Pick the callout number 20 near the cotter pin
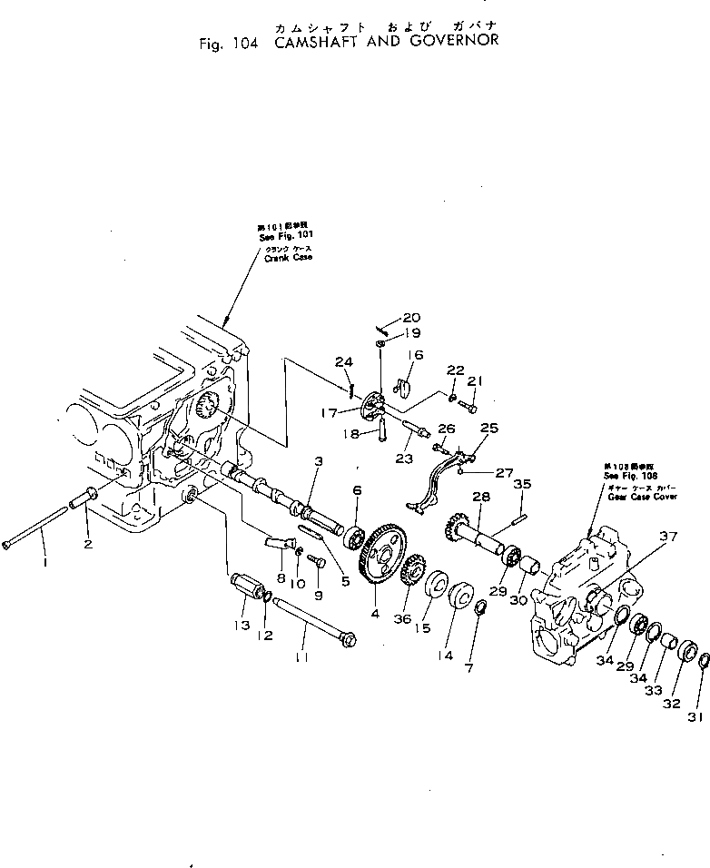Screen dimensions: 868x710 [410, 318]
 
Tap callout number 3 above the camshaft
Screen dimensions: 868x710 [318, 464]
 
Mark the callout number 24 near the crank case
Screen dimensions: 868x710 [341, 363]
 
